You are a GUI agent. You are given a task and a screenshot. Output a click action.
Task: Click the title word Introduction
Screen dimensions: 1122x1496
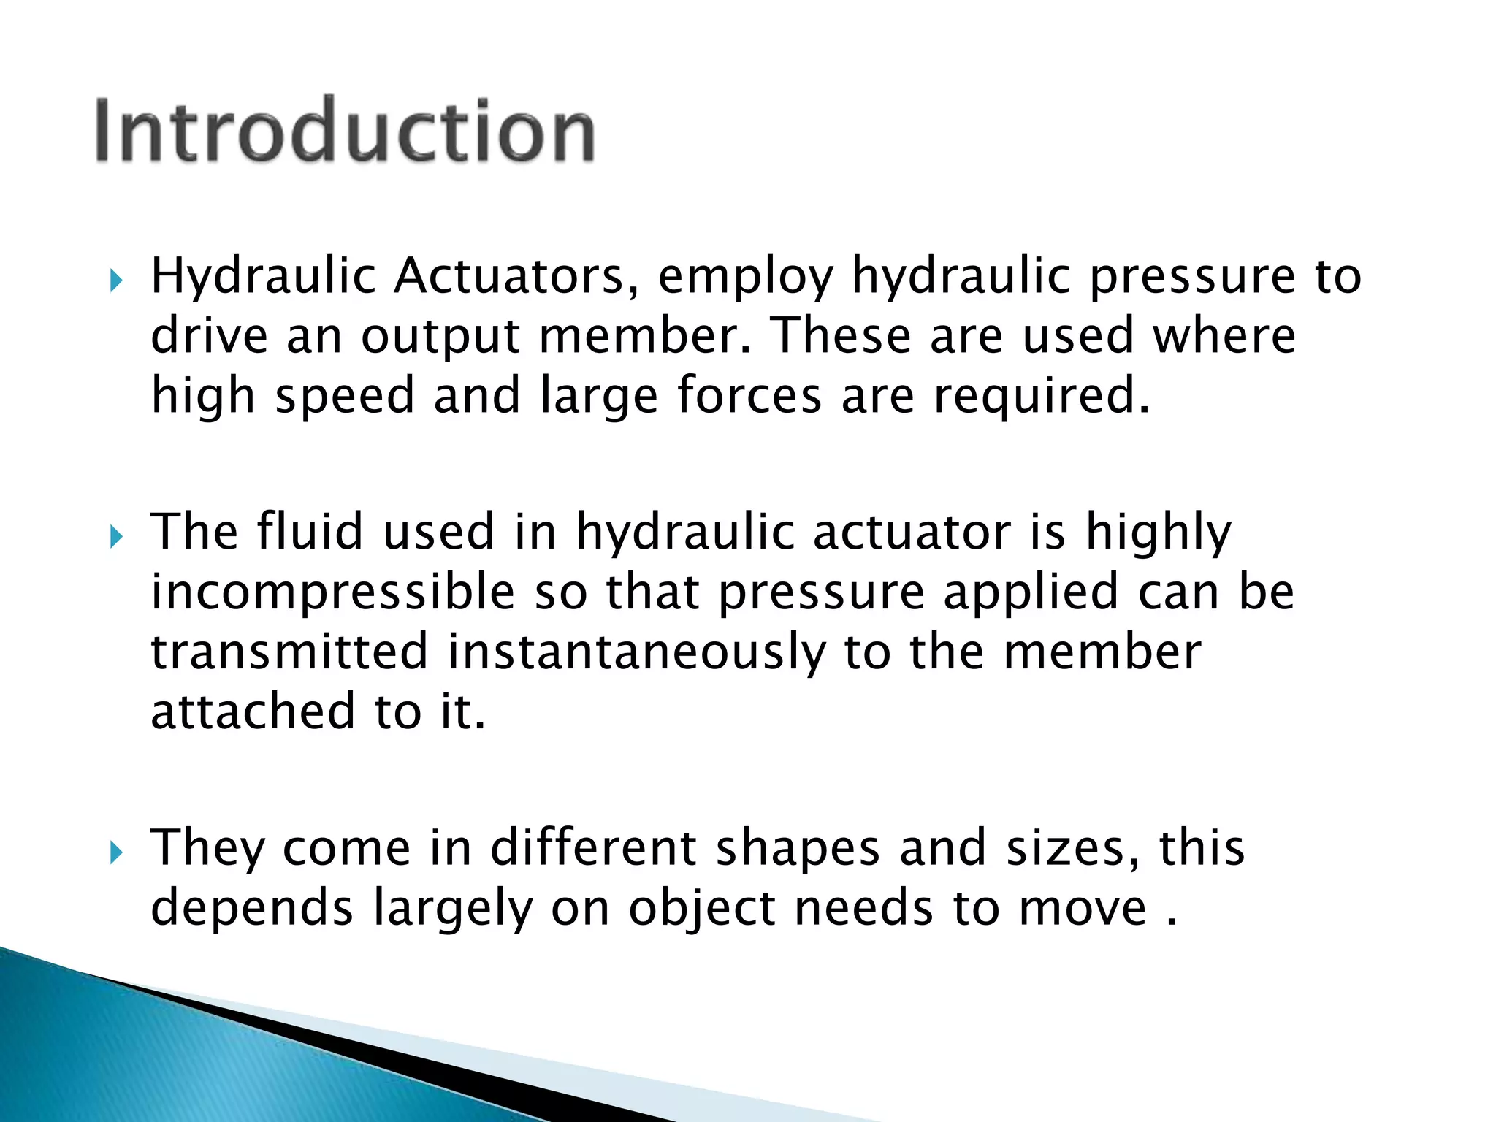tap(345, 130)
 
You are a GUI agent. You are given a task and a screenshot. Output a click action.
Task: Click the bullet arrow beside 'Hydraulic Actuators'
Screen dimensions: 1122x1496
tap(116, 280)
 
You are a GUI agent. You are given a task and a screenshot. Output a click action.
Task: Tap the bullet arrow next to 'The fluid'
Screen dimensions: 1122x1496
tap(116, 536)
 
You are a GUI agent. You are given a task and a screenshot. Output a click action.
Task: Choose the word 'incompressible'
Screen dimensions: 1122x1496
tap(333, 593)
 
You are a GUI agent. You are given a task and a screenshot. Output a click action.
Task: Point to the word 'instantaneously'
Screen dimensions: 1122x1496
tap(636, 653)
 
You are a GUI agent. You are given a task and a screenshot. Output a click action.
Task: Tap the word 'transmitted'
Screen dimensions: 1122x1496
tap(289, 652)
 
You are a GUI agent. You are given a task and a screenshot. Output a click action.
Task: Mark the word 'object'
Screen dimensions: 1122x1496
tap(701, 910)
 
